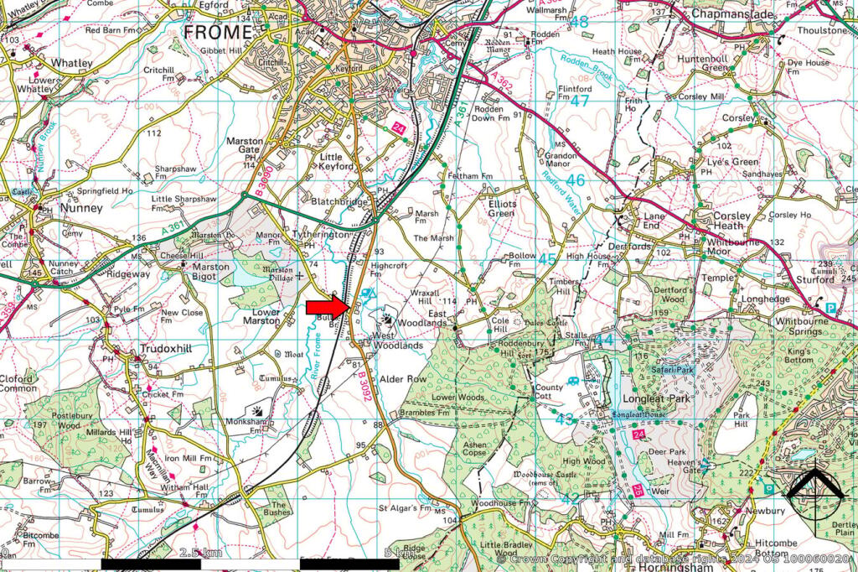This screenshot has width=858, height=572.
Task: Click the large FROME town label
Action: click(x=217, y=32)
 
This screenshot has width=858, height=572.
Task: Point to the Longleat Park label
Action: click(x=656, y=399)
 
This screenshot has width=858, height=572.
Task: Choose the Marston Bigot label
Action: click(x=206, y=273)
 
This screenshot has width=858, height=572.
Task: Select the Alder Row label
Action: click(x=403, y=379)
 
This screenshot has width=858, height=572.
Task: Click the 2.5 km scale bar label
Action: click(x=200, y=553)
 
